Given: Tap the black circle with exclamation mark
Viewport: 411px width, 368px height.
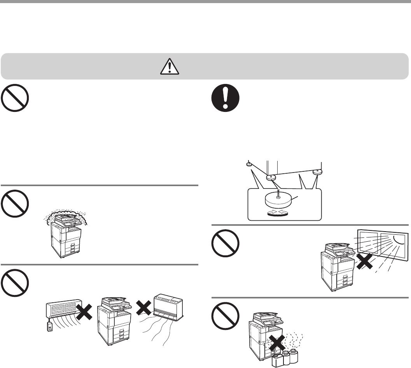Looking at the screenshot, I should [226, 98].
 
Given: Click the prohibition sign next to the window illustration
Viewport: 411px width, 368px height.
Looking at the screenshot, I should [226, 244].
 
